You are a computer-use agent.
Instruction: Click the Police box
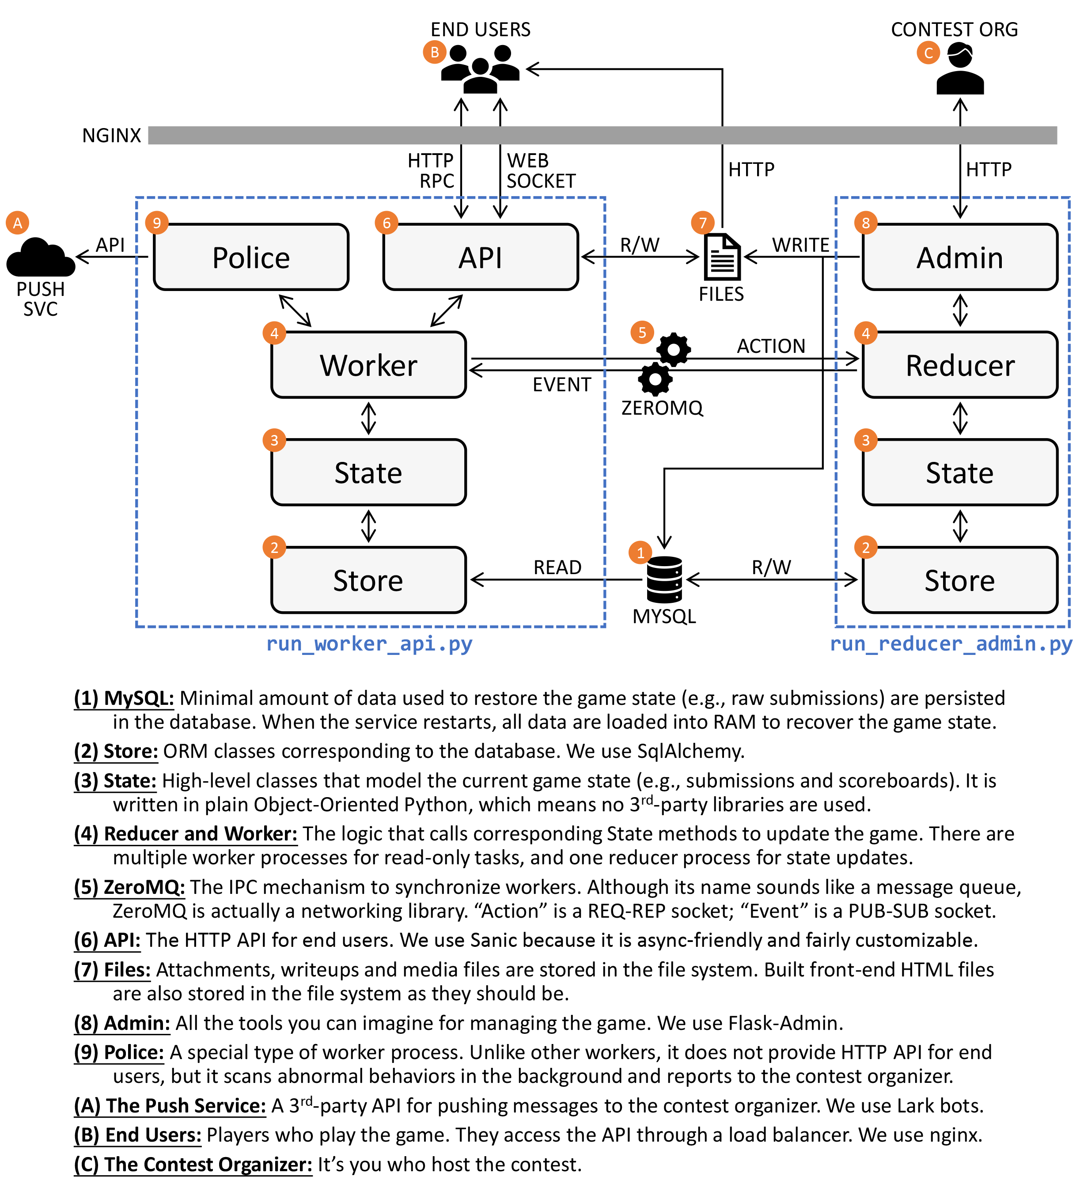251,257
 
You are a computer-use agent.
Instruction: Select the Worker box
368,365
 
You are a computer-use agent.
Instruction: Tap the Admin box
959,257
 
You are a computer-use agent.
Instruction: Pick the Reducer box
959,365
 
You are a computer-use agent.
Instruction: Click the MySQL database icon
664,579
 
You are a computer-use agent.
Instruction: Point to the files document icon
722,257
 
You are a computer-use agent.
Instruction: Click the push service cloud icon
40,257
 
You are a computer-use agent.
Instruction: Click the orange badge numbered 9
157,223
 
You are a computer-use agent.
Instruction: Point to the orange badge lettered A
18,223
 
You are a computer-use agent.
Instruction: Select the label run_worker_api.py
369,644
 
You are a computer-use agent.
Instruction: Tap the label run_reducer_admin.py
951,644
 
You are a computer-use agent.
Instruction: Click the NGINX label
112,136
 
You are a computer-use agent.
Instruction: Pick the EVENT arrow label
561,385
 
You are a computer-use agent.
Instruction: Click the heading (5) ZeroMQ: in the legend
129,887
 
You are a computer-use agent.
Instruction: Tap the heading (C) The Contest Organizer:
193,1165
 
